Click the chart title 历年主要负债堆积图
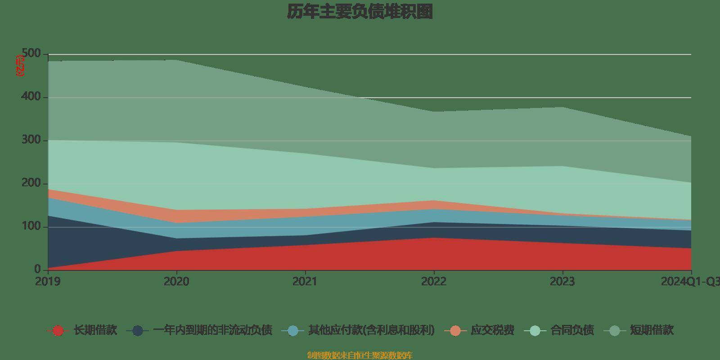[x=360, y=12]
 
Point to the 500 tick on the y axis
[x=31, y=54]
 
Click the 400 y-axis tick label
[x=31, y=97]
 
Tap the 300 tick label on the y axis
[x=31, y=140]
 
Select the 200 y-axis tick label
[x=31, y=183]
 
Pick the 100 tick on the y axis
[x=31, y=226]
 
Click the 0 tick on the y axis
[x=37, y=269]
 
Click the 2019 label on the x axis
[x=48, y=282]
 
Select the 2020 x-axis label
[x=176, y=282]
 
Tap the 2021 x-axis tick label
[x=305, y=282]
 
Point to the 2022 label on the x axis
[x=433, y=282]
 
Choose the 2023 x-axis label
[x=562, y=282]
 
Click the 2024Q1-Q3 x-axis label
[x=689, y=282]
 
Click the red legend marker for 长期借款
[x=58, y=331]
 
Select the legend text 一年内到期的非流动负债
[x=212, y=330]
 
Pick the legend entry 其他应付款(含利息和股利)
[x=371, y=330]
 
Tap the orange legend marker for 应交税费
[x=455, y=331]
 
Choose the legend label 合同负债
[x=572, y=330]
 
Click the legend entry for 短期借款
[x=651, y=330]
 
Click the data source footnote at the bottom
[x=360, y=355]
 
